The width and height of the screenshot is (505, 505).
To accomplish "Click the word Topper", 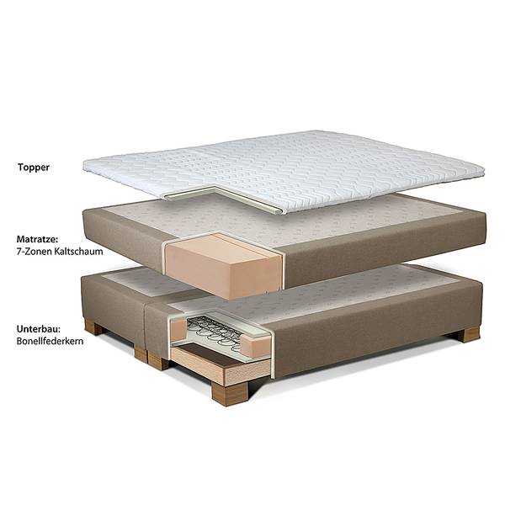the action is click(34, 167).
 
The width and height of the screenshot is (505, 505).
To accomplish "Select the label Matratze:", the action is click(37, 239).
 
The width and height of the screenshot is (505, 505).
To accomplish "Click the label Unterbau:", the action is click(39, 329).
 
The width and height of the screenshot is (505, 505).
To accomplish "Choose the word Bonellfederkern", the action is click(50, 341).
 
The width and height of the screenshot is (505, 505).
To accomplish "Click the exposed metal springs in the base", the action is click(215, 332).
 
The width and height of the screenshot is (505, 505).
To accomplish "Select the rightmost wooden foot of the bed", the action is click(469, 334).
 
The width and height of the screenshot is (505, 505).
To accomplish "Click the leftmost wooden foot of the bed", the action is click(93, 327).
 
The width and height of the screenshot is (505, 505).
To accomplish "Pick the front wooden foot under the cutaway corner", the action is click(229, 393).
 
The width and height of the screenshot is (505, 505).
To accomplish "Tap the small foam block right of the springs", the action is click(257, 346).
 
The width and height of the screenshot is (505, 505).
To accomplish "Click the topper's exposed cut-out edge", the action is click(226, 197).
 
